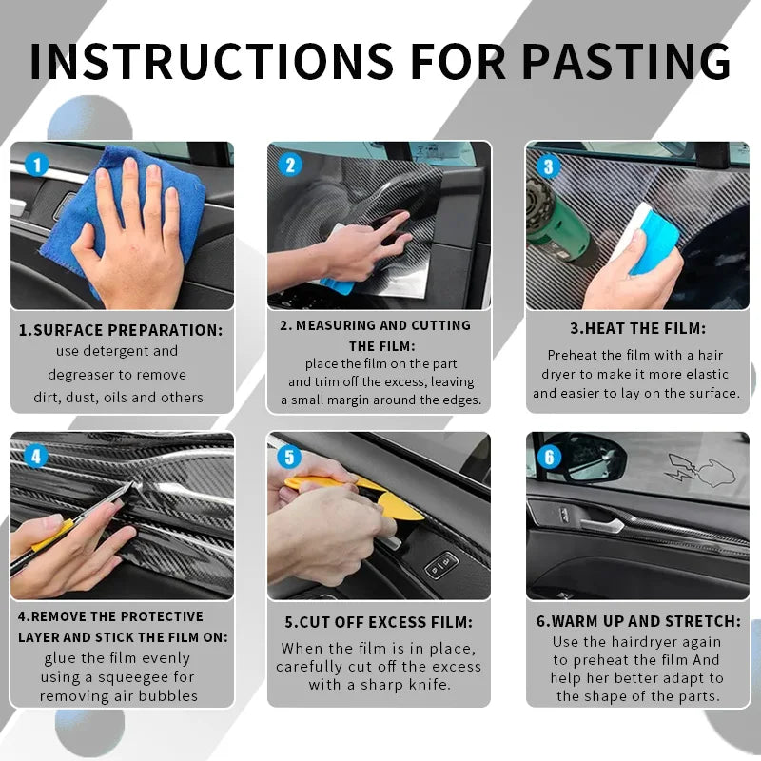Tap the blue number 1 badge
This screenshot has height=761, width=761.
tap(36, 166)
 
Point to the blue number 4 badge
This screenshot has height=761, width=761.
tap(36, 457)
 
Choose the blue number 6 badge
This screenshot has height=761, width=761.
tap(548, 458)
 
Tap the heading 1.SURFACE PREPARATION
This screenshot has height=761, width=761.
tap(121, 330)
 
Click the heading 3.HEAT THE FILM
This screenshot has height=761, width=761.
tap(637, 328)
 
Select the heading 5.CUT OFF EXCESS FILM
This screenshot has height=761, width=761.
tap(378, 622)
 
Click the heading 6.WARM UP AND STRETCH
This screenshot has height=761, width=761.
tap(637, 621)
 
